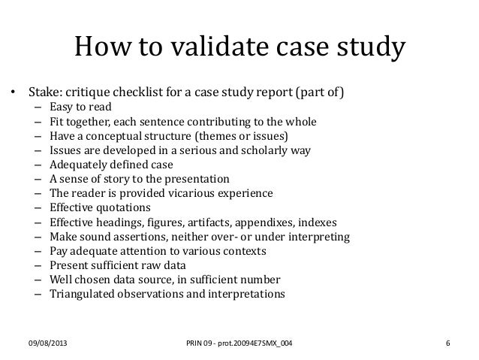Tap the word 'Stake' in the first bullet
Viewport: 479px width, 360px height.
point(44,93)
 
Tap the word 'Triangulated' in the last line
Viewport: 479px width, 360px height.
point(82,294)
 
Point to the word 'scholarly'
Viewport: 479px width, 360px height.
point(252,150)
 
